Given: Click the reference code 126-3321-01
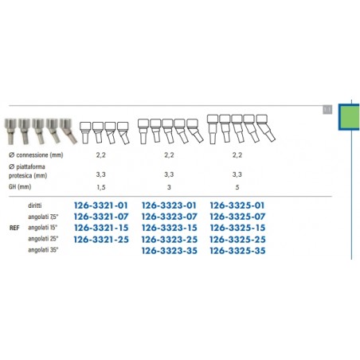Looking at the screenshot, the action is [x=101, y=205].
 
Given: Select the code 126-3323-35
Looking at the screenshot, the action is [x=170, y=251].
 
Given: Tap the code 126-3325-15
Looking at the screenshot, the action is [x=237, y=228].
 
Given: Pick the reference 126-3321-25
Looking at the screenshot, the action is [x=101, y=240].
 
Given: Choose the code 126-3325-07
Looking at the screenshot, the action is [x=237, y=217].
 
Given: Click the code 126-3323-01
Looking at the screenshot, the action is [x=169, y=205].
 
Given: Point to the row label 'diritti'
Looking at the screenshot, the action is [x=35, y=205].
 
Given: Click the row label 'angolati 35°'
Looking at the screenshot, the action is [x=43, y=250].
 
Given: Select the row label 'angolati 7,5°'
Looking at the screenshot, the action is [x=43, y=217].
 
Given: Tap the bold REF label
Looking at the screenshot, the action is [x=14, y=228].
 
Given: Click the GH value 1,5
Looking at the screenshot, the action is [x=101, y=187].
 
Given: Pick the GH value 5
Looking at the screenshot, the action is [x=237, y=187].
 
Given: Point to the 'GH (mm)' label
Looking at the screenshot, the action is [x=20, y=187].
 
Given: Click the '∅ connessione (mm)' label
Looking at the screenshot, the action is [x=36, y=155].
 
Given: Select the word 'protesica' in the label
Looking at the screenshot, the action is [x=20, y=176].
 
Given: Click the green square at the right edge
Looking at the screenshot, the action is [x=349, y=117].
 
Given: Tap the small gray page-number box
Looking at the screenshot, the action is [x=327, y=109].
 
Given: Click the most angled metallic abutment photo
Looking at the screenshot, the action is [x=68, y=131].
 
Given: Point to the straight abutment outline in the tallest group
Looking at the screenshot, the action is [x=213, y=129].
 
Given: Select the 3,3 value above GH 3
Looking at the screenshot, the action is [x=169, y=174].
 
